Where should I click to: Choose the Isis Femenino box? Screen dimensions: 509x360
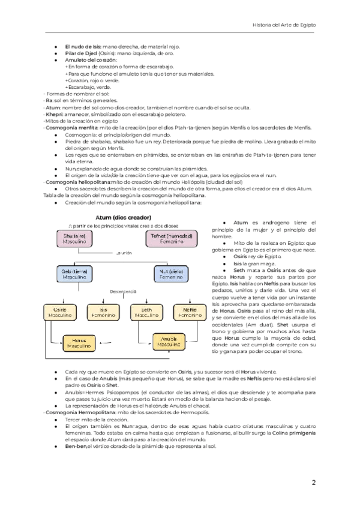coord(103,312)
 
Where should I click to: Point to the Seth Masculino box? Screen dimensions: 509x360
coord(148,312)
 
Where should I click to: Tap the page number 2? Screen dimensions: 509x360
coord(313,483)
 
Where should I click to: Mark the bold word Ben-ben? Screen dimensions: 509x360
coord(75,447)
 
